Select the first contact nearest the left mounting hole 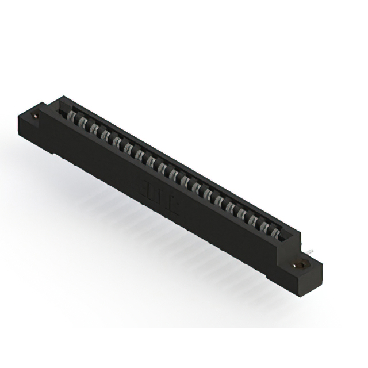pos(72,116)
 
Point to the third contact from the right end pos(253,220)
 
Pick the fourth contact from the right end pos(241,214)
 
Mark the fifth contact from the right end pos(230,208)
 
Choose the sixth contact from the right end pos(219,201)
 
